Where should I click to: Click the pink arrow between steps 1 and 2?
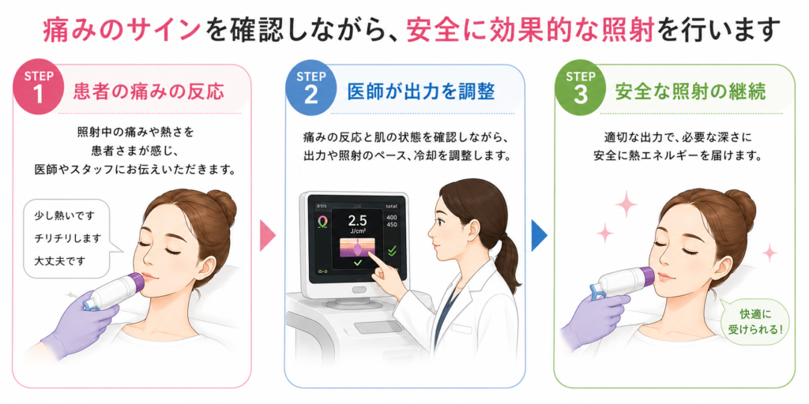(267, 235)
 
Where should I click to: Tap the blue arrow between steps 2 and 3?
(539, 235)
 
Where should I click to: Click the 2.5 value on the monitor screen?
(358, 221)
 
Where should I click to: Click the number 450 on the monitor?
(392, 224)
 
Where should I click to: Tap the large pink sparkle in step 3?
(626, 203)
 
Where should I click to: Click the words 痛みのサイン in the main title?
(122, 31)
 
